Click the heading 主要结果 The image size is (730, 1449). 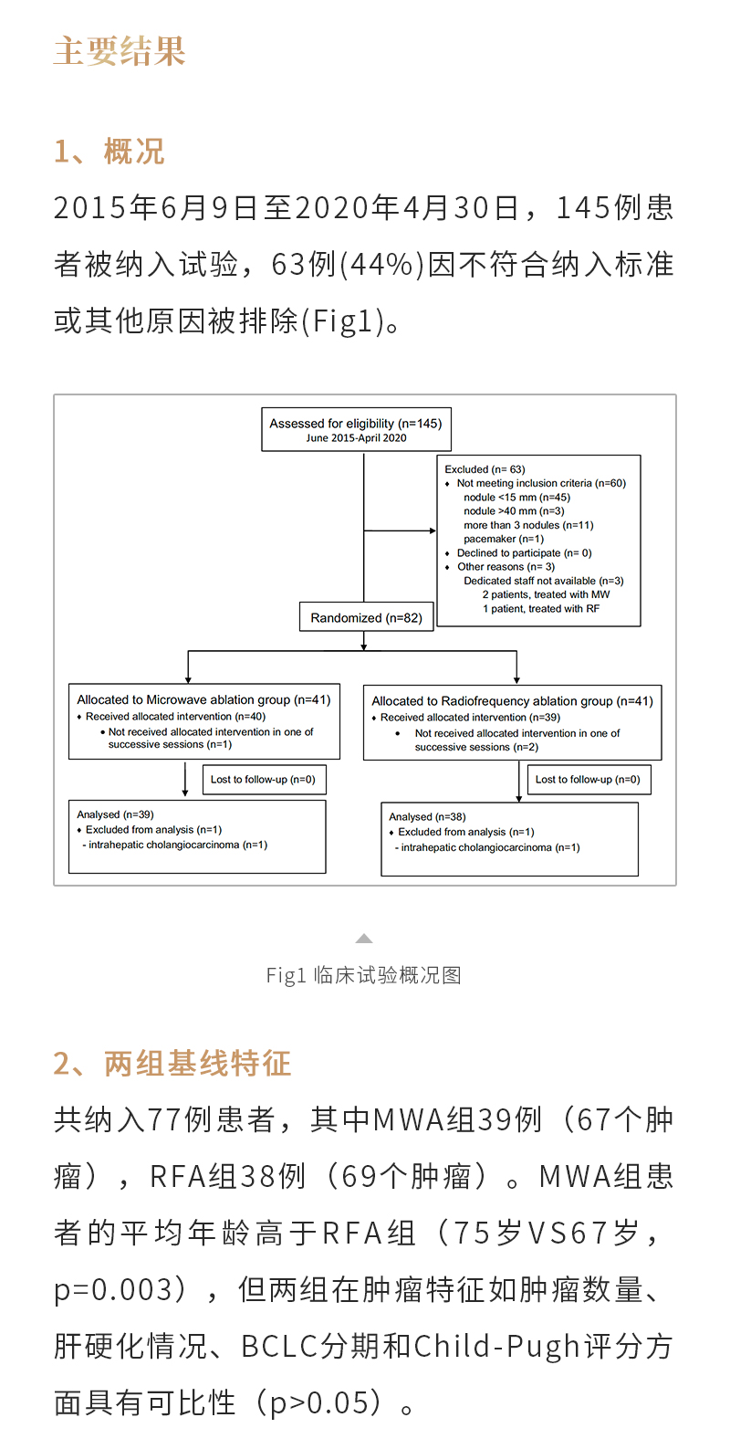[x=120, y=51]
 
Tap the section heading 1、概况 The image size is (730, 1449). [x=109, y=152]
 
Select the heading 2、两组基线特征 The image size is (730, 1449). [x=172, y=1064]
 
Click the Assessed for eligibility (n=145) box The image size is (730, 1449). [x=356, y=429]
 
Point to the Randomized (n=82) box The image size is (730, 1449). [x=366, y=618]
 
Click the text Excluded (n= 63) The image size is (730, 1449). [x=485, y=469]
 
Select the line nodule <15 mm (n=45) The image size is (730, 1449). [x=516, y=498]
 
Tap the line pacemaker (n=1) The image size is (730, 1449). [x=503, y=539]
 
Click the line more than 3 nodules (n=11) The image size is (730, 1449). [x=528, y=525]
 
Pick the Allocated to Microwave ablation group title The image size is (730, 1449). [x=203, y=700]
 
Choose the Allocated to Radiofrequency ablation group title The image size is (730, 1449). [x=512, y=701]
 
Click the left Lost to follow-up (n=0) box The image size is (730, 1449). [x=263, y=780]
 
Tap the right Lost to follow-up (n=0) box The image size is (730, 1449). [x=588, y=780]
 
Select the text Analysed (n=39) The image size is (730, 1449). [x=115, y=814]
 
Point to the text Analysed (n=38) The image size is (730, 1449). [x=427, y=817]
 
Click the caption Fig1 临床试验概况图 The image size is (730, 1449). [x=364, y=976]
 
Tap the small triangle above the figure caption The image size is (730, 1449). [x=364, y=939]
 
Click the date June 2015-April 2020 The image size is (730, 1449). [x=356, y=438]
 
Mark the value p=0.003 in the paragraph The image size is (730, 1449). [x=113, y=1290]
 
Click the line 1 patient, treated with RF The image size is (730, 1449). [x=541, y=609]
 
